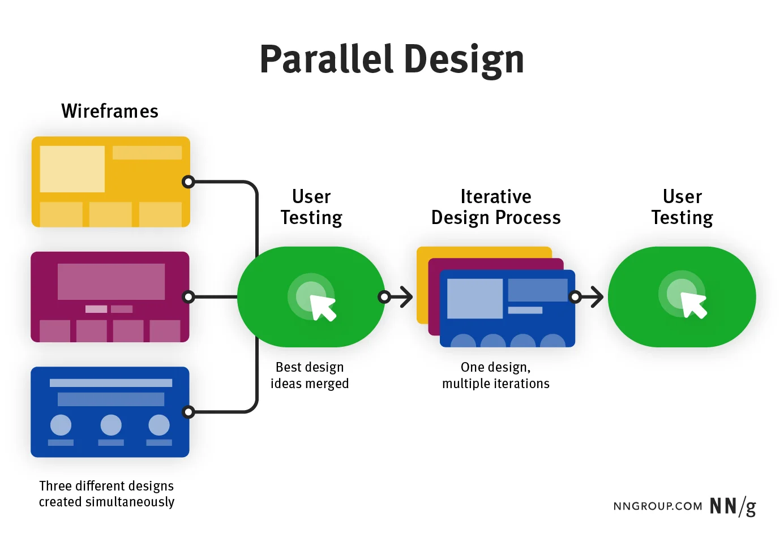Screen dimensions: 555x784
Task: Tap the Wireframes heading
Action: tap(110, 111)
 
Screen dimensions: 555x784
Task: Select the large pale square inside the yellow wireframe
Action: tap(72, 169)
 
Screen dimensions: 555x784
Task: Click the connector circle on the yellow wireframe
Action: tap(188, 182)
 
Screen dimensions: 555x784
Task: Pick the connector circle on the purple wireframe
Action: tap(188, 296)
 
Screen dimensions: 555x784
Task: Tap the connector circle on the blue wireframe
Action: tap(188, 412)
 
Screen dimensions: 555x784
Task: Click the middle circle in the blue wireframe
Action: tap(111, 424)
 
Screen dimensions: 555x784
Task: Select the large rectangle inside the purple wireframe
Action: tap(111, 282)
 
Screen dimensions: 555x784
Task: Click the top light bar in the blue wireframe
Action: tap(111, 383)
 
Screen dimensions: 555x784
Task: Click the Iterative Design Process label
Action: tap(495, 207)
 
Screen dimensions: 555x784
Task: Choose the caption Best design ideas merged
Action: tap(310, 375)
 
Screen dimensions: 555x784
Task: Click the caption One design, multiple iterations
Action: tap(495, 375)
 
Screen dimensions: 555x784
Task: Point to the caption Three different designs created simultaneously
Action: tap(106, 494)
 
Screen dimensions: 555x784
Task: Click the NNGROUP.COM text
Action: tap(657, 506)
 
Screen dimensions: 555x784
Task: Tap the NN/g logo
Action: tap(732, 506)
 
